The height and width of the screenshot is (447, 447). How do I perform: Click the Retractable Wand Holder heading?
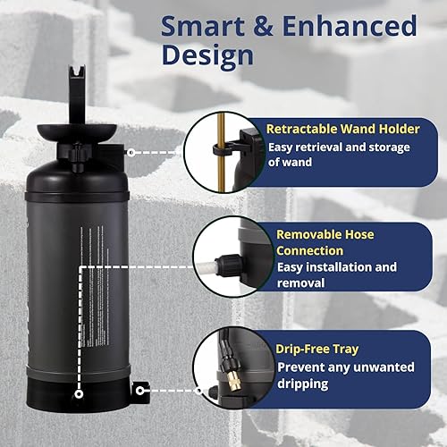pos(343,129)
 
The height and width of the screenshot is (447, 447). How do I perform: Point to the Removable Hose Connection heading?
pos(321,242)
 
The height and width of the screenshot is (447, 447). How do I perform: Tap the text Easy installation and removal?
pos(335,274)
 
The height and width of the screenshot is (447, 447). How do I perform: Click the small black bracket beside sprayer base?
pos(140,391)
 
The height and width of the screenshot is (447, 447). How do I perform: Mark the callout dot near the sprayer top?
pos(130,154)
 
